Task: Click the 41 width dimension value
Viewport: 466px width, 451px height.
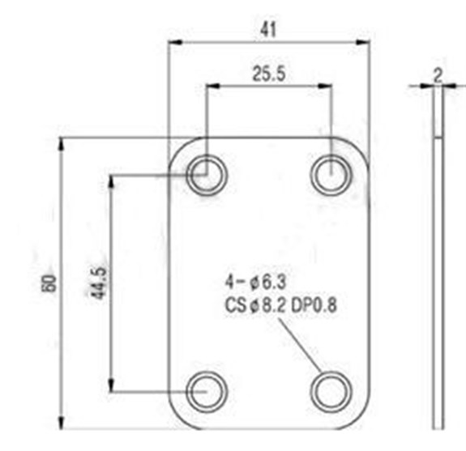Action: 268,30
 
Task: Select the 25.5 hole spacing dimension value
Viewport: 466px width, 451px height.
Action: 269,74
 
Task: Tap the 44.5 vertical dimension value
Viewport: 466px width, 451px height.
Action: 99,283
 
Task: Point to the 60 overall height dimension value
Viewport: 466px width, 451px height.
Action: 49,283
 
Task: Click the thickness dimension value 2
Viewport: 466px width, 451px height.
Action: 438,76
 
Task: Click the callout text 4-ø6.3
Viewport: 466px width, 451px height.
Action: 255,282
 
